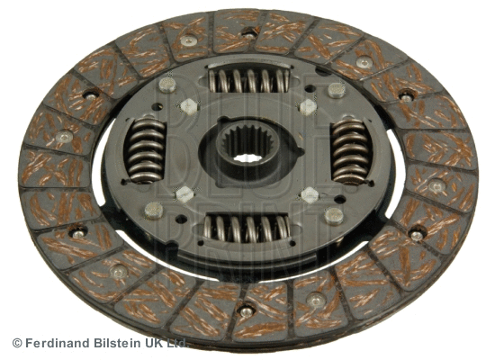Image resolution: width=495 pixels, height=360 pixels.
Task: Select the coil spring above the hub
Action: click(248, 81)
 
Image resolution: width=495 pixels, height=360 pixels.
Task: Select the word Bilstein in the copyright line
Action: click(122, 343)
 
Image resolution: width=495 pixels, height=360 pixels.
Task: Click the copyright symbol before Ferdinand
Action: click(16, 343)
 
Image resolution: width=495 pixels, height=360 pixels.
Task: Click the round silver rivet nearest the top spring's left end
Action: click(167, 85)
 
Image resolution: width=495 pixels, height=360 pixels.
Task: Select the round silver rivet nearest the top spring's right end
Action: click(336, 89)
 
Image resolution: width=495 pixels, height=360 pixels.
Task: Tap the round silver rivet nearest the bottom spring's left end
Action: click(154, 210)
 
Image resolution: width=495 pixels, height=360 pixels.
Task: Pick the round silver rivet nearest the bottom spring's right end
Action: click(334, 215)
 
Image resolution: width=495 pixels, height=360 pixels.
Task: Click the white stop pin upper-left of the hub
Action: click(188, 105)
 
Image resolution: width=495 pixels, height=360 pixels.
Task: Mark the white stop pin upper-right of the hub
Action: click(307, 106)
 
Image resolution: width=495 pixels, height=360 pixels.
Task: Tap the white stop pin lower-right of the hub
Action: click(310, 193)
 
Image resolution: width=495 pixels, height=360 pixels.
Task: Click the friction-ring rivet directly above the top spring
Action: click(248, 33)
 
